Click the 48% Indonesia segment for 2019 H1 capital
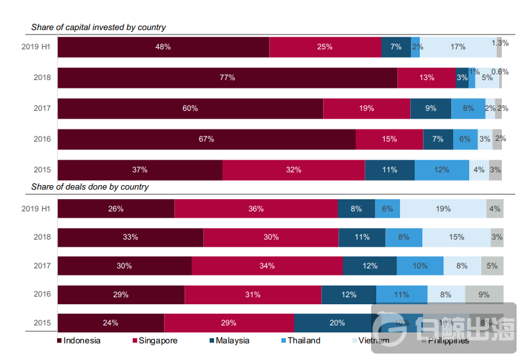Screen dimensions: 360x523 point(163,47)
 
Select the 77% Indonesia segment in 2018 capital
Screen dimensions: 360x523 point(227,78)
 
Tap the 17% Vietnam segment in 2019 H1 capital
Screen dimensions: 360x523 point(458,47)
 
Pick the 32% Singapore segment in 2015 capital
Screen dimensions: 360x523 point(294,170)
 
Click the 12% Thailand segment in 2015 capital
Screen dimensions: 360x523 point(441,170)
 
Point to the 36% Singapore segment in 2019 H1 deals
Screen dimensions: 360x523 point(256,209)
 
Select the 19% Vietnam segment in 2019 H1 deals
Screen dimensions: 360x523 point(443,209)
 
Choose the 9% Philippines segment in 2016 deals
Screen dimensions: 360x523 point(484,295)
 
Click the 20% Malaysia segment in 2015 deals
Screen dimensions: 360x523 point(337,323)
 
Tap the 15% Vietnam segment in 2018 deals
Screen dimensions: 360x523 point(456,237)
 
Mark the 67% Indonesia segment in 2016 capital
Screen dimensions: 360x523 point(206,139)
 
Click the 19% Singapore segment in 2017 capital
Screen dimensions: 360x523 point(367,108)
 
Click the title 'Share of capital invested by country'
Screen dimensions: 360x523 point(99,28)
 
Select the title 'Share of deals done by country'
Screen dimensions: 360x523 point(90,187)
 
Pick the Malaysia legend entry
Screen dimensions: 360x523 point(231,341)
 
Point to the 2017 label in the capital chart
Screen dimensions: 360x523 point(42,108)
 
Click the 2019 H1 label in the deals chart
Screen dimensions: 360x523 point(36,209)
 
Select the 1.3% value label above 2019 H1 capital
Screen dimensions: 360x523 point(500,43)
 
